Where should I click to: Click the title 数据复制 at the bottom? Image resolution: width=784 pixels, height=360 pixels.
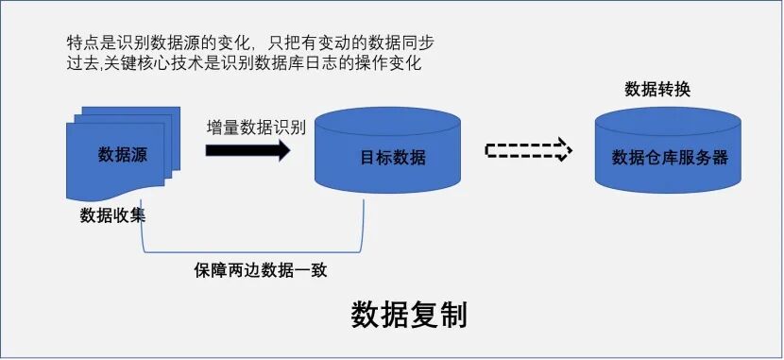point(409,316)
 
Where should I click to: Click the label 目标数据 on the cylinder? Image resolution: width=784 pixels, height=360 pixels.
point(394,158)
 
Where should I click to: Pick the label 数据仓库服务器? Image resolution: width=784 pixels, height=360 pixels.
point(670,158)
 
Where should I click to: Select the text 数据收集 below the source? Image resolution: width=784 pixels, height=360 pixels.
point(112,215)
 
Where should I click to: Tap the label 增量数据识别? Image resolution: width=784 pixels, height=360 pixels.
point(256,127)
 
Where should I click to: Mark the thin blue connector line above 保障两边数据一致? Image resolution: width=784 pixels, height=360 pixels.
point(255,253)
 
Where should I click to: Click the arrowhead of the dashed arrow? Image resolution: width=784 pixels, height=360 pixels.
point(563,150)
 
